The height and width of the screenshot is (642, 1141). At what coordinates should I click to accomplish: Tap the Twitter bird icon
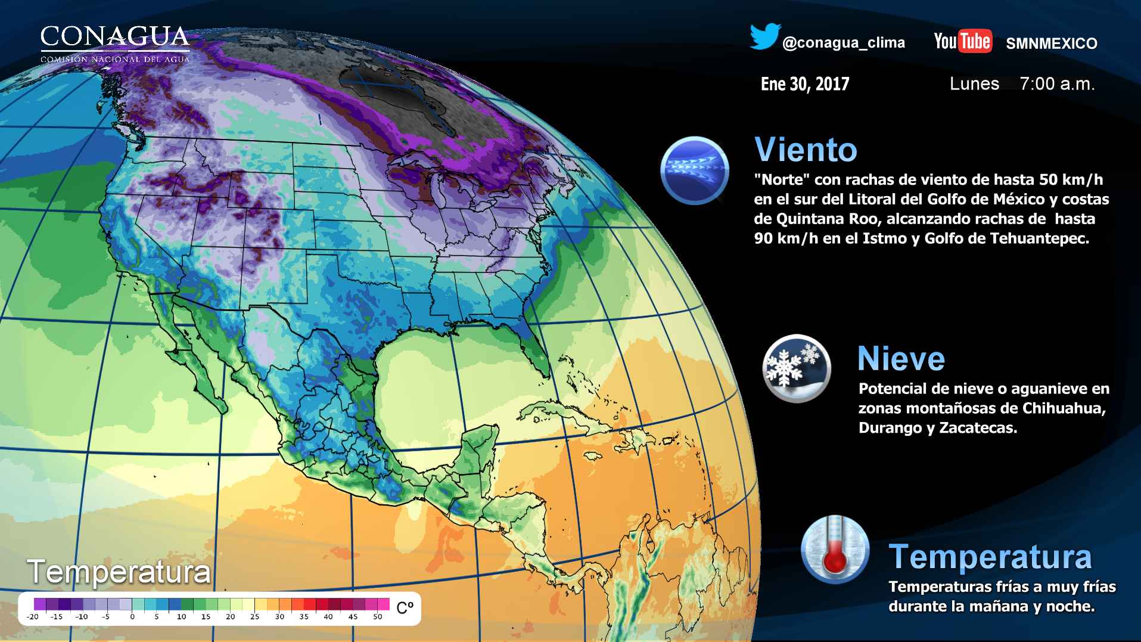[765, 37]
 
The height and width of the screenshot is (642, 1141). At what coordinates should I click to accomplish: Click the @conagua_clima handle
[843, 43]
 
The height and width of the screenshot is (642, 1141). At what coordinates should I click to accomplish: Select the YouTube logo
[962, 41]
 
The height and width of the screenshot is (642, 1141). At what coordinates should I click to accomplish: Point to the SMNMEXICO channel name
[1051, 44]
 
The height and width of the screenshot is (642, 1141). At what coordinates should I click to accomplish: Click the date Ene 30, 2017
[805, 84]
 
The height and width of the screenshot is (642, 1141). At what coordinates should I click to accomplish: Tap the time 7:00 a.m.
[1057, 84]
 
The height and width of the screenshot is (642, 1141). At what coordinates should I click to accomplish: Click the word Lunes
[974, 84]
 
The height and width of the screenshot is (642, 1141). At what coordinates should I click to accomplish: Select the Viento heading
[806, 149]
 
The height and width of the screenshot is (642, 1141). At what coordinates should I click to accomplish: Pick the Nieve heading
[901, 359]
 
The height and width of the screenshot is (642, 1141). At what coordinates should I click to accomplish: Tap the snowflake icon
[796, 367]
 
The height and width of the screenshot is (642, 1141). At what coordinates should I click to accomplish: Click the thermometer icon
[835, 550]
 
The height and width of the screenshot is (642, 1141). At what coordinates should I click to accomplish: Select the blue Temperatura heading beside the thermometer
[990, 556]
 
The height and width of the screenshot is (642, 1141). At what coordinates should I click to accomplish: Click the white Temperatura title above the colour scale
[119, 572]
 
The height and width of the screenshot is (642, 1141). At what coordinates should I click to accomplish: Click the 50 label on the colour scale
[377, 617]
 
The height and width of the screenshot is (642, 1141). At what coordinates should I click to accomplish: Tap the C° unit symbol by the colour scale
[405, 608]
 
